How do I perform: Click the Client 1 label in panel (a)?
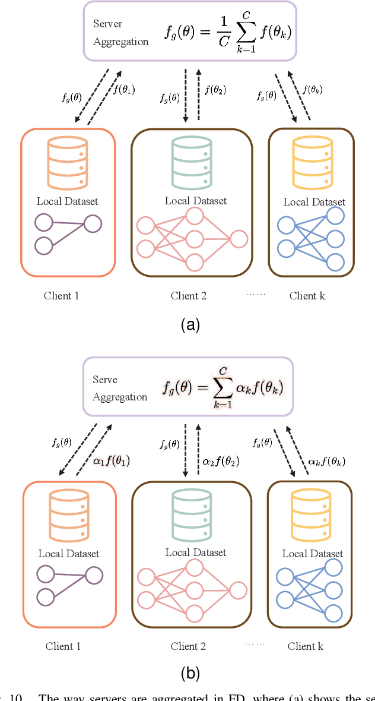pos(61,295)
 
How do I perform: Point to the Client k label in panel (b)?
pos(306,646)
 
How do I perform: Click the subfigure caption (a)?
pos(190,324)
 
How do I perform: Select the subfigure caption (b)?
pos(190,673)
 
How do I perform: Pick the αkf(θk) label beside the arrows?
pos(327,460)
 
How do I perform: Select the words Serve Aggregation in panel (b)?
pos(119,388)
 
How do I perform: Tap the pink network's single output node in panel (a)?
pos(239,239)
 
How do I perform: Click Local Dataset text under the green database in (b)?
pos(196,552)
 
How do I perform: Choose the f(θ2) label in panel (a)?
pos(215,90)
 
